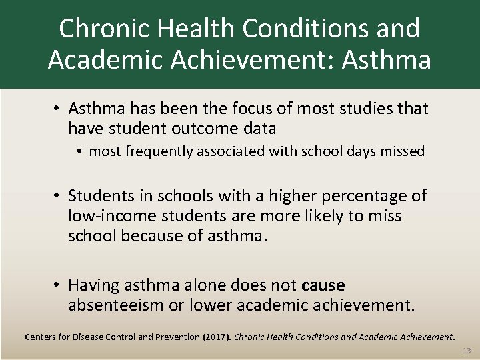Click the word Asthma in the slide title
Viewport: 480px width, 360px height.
(x=386, y=59)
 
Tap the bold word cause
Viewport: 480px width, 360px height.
(x=323, y=285)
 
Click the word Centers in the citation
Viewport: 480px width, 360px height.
(x=41, y=337)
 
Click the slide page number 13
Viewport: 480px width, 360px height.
(x=466, y=351)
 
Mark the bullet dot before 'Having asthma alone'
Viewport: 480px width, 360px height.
(x=59, y=285)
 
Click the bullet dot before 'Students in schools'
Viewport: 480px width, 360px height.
(x=59, y=196)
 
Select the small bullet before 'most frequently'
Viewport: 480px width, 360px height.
(x=80, y=151)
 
